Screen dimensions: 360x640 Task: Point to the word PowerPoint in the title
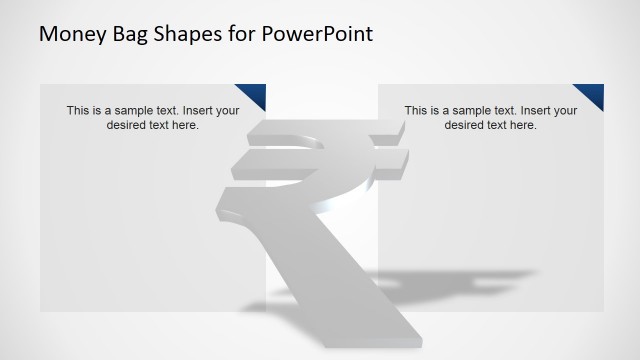coord(318,35)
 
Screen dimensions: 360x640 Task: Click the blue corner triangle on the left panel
coord(255,93)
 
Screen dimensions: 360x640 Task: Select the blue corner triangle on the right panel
coord(593,93)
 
